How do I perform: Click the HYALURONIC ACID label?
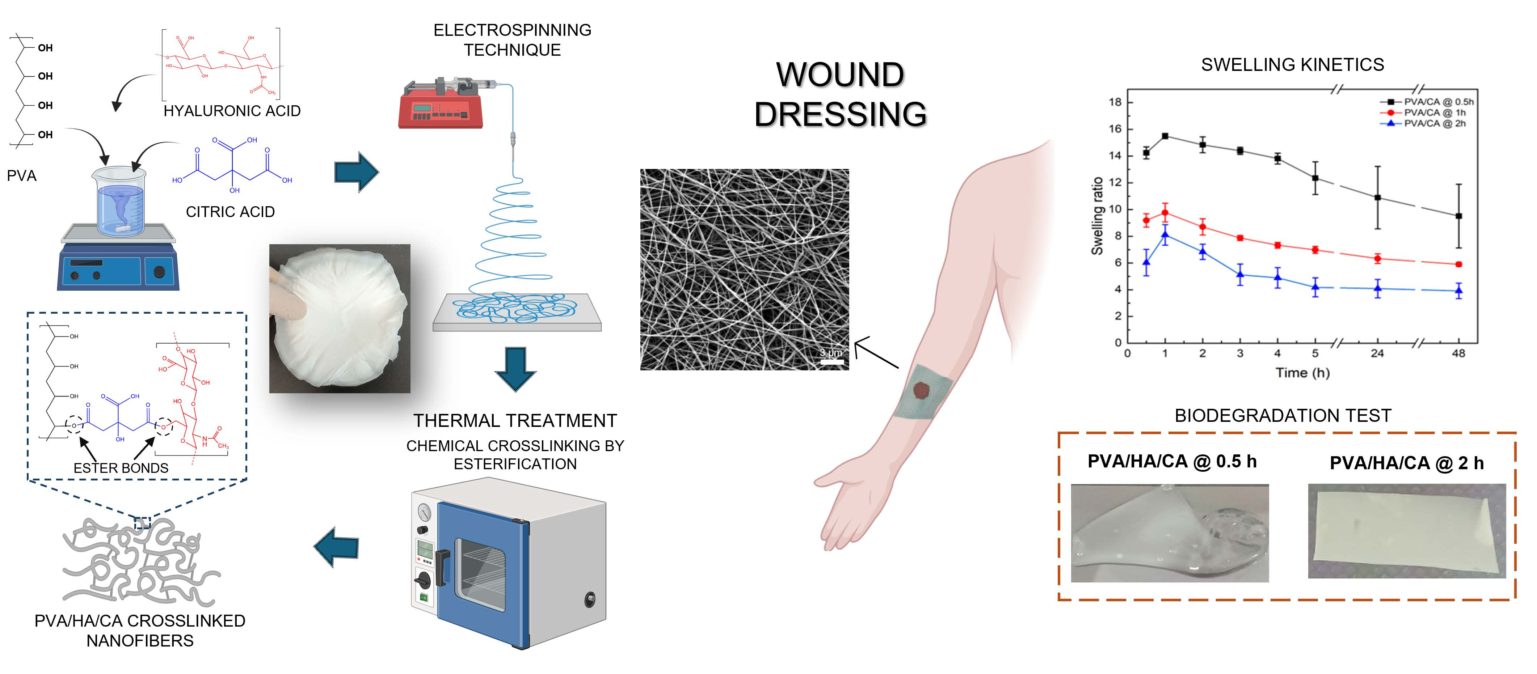tap(232, 111)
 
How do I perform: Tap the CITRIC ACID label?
tap(230, 212)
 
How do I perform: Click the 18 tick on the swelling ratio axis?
tap(1115, 102)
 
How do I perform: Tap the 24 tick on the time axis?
tap(1377, 353)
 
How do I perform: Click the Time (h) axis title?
tap(1302, 373)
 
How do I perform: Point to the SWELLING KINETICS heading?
tap(1292, 64)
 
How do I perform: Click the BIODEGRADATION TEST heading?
tap(1283, 415)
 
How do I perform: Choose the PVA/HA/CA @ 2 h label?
tap(1406, 463)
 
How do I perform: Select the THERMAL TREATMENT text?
tap(515, 420)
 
